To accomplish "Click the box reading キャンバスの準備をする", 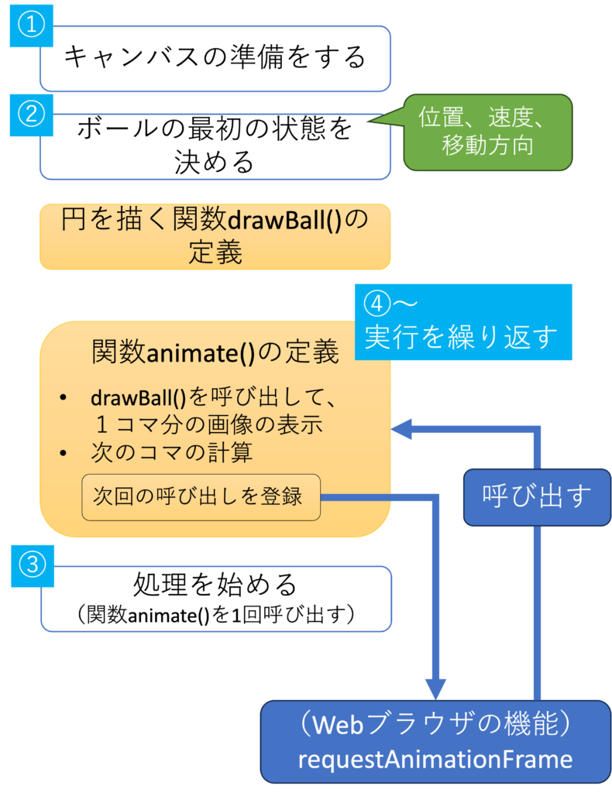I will pos(215,58).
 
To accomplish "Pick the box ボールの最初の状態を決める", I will pos(215,146).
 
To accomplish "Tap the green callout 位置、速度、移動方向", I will pos(487,131).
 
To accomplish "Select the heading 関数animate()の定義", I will pos(215,353).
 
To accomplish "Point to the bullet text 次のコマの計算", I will pos(171,452).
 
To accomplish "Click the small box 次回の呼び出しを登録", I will pos(200,496).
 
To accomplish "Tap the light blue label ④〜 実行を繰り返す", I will pos(462,322).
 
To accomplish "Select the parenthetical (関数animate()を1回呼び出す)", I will pos(215,615).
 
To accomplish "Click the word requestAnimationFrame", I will pos(435,759).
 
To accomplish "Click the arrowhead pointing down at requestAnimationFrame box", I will pos(435,688).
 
